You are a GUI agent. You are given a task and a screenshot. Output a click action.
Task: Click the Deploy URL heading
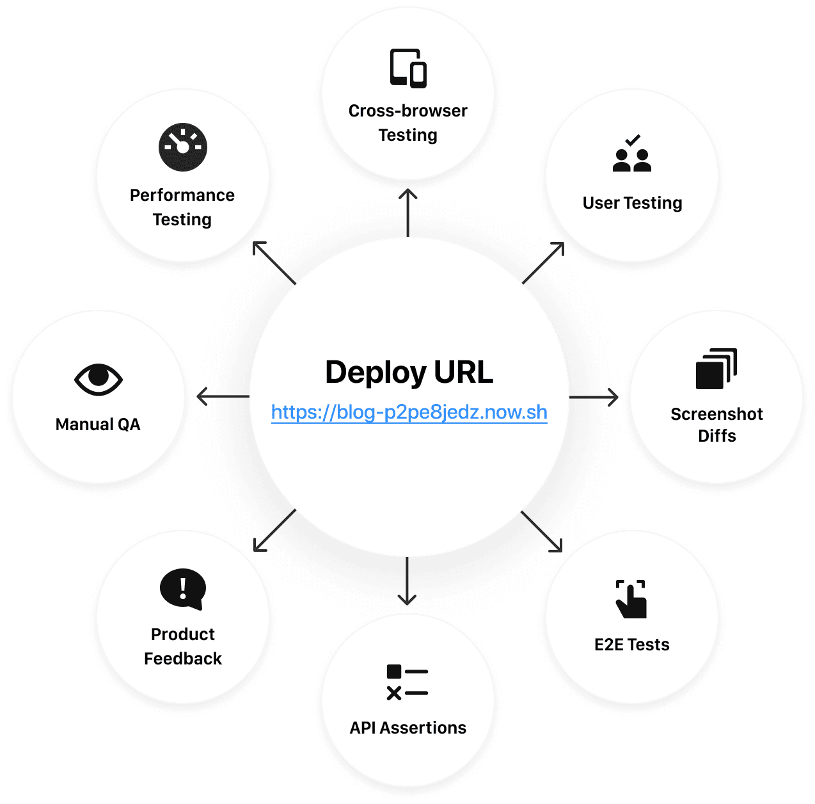pyautogui.click(x=409, y=373)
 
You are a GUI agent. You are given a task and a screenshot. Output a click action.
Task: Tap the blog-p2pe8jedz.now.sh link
pyautogui.click(x=409, y=412)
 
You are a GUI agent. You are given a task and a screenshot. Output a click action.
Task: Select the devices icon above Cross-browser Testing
pyautogui.click(x=408, y=68)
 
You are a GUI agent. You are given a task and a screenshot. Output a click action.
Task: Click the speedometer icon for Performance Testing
pyautogui.click(x=183, y=147)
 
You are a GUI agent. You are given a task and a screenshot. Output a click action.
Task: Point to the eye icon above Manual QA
pyautogui.click(x=98, y=379)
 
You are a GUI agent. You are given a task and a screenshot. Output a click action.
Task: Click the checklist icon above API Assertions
pyautogui.click(x=407, y=682)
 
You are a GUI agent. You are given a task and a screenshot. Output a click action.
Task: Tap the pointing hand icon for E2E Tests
pyautogui.click(x=631, y=599)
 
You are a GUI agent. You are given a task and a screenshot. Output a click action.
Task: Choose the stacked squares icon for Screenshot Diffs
pyautogui.click(x=716, y=369)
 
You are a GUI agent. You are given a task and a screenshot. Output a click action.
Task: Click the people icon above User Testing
pyautogui.click(x=632, y=154)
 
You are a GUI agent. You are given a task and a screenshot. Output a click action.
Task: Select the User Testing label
pyautogui.click(x=632, y=203)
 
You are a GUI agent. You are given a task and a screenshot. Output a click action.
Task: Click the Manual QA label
pyautogui.click(x=98, y=424)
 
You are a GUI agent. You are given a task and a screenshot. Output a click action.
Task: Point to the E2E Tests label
pyautogui.click(x=631, y=645)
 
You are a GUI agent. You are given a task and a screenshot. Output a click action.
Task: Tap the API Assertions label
pyautogui.click(x=407, y=728)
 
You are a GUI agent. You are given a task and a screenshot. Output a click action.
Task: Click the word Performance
pyautogui.click(x=182, y=195)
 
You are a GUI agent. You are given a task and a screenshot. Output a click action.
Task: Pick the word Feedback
pyautogui.click(x=183, y=659)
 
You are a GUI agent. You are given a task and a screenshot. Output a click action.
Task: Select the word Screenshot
pyautogui.click(x=716, y=414)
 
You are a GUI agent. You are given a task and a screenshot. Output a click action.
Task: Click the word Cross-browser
pyautogui.click(x=407, y=111)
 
